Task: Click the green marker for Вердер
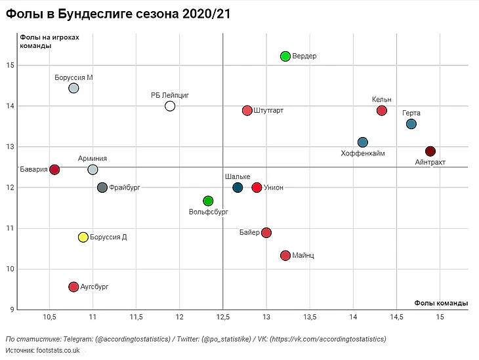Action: click(285, 56)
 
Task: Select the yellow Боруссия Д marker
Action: click(83, 237)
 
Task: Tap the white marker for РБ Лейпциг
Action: click(170, 106)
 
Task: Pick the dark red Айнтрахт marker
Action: click(430, 151)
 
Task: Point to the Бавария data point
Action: click(54, 170)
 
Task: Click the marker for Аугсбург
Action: click(73, 287)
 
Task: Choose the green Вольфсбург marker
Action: click(208, 201)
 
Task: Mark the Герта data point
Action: click(411, 124)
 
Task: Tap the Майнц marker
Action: click(285, 255)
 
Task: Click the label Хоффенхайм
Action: click(363, 153)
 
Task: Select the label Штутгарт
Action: click(268, 111)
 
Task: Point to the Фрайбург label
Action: click(125, 188)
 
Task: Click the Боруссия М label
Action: click(73, 77)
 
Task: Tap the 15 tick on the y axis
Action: click(10, 66)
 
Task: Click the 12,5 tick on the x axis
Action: click(223, 317)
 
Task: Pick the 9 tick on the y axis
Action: click(11, 310)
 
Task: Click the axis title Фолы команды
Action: click(442, 303)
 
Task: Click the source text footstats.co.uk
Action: click(57, 351)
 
